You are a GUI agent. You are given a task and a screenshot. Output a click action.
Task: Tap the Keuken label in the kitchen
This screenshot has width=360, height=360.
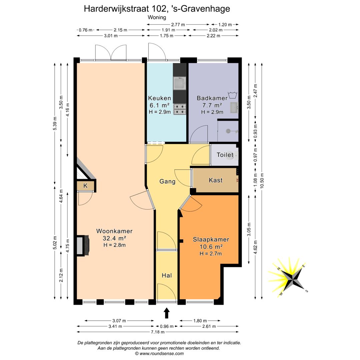tap(160, 98)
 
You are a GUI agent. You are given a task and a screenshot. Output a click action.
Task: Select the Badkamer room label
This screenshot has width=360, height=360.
tap(212, 98)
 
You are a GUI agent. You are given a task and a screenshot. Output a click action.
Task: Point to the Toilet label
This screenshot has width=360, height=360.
tap(225, 155)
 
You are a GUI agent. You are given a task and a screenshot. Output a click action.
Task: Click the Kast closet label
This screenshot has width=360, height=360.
tap(216, 180)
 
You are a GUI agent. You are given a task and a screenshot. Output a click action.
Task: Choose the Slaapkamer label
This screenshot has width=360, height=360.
tap(211, 239)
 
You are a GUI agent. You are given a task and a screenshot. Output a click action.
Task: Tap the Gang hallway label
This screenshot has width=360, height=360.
tap(167, 181)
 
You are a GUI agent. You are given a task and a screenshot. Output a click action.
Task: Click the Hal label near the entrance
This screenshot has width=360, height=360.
tap(167, 276)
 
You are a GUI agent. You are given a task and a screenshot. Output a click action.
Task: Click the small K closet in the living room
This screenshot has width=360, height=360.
tap(85, 186)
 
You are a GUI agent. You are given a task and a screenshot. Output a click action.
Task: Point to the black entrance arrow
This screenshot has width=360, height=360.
tap(167, 313)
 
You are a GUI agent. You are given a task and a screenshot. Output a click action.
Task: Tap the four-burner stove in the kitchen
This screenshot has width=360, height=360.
tap(180, 109)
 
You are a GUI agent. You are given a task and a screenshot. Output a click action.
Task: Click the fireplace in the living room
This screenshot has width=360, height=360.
tap(83, 245)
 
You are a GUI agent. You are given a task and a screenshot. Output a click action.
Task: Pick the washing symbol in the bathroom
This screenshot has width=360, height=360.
tap(232, 95)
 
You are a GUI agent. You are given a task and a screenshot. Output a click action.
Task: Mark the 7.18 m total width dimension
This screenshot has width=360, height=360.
tap(158, 332)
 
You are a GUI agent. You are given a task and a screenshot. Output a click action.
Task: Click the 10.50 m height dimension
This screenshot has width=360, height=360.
tap(262, 181)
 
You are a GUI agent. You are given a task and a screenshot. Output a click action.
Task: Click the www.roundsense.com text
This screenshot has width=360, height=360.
tap(162, 354)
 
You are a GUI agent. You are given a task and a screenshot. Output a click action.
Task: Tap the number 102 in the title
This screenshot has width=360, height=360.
tap(159, 9)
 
